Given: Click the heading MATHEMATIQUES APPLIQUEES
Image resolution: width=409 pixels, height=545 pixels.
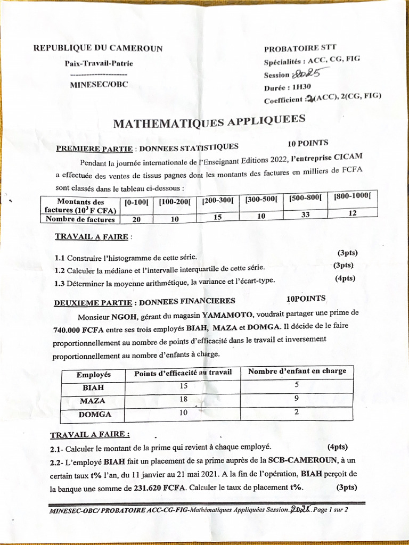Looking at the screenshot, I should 209,122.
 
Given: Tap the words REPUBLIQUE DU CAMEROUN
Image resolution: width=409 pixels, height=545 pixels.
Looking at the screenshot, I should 98,48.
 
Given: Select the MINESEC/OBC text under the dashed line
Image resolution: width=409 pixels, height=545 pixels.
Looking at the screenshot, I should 99,84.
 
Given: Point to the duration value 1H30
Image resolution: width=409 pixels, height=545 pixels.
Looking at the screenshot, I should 301,87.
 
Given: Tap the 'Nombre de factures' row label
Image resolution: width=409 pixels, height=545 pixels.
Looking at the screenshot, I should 80,219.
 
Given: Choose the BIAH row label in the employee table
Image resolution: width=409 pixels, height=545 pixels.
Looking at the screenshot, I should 93,388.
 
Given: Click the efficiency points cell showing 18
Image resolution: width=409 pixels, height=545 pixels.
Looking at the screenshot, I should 183,400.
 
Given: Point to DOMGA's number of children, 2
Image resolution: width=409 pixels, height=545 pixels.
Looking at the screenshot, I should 296,411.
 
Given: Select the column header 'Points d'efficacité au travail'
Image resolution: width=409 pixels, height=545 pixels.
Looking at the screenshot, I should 183,373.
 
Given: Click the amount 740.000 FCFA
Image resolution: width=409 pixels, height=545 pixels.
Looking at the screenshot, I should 78,329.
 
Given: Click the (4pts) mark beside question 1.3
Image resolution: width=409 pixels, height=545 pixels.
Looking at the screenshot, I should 345,278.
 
